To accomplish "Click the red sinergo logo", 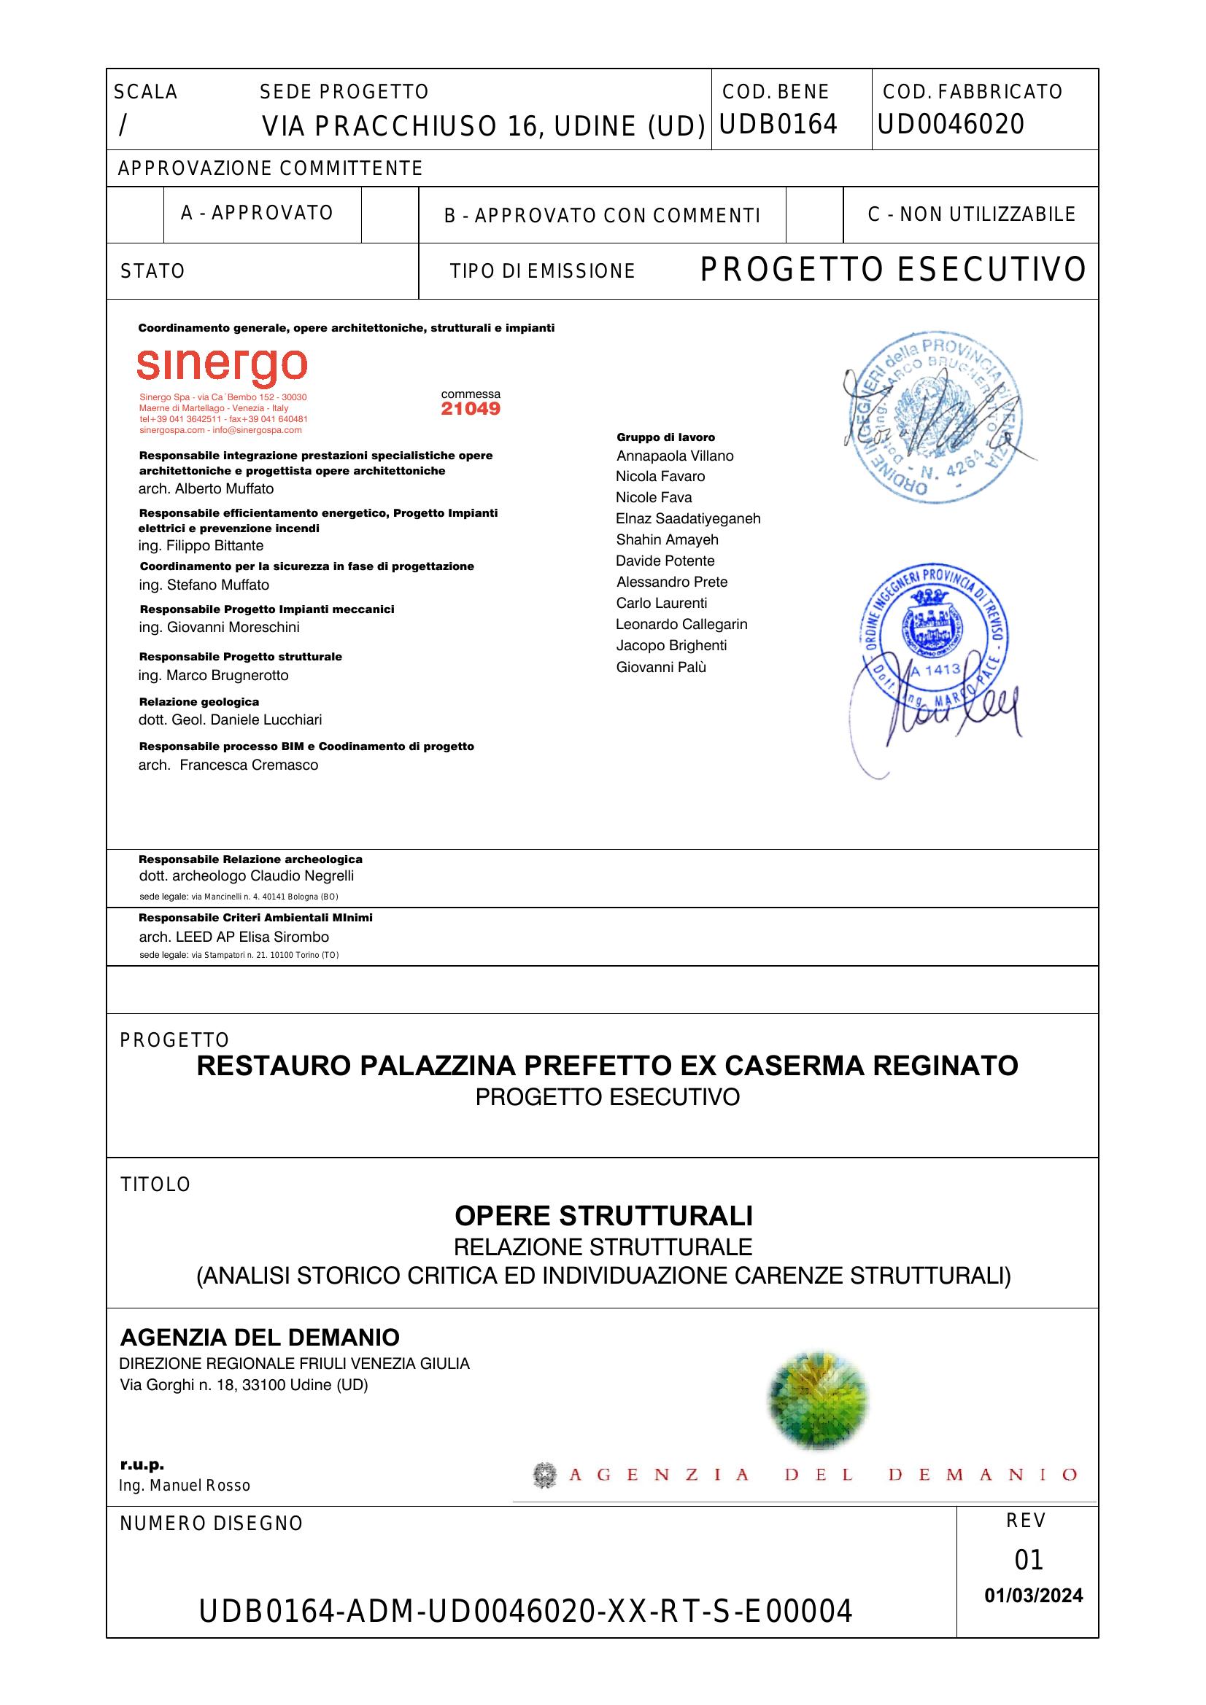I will tap(222, 366).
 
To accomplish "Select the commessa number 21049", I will tap(471, 409).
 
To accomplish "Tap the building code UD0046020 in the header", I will tap(951, 124).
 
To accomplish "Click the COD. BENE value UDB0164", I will tap(778, 124).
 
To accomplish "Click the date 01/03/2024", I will tap(1034, 1596).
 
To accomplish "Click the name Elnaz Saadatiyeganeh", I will tap(688, 518).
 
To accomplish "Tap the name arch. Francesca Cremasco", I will tap(228, 765).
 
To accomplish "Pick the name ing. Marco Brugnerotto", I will tap(213, 675).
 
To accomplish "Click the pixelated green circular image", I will tap(817, 1400).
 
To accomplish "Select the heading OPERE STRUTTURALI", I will tap(603, 1217).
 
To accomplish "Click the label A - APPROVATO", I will tap(257, 213).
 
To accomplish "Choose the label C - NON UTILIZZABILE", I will tap(971, 214).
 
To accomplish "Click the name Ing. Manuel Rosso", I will tap(185, 1486).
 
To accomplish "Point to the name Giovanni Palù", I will tap(660, 667).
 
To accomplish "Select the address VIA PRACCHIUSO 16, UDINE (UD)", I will tap(483, 127).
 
